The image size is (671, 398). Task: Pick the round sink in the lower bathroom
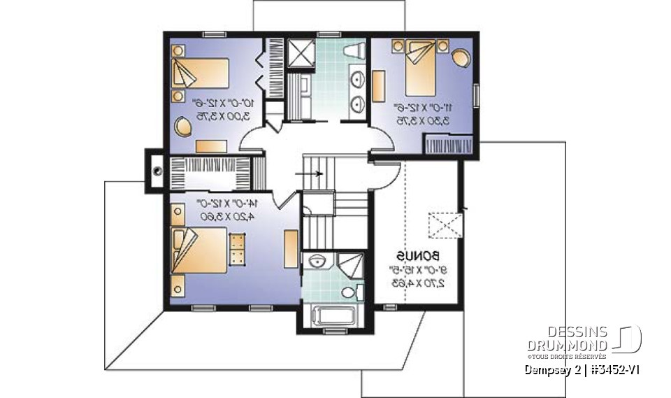click(x=318, y=262)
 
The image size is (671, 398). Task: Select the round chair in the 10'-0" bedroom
click(x=183, y=128)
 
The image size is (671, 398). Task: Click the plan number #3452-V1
click(x=613, y=369)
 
